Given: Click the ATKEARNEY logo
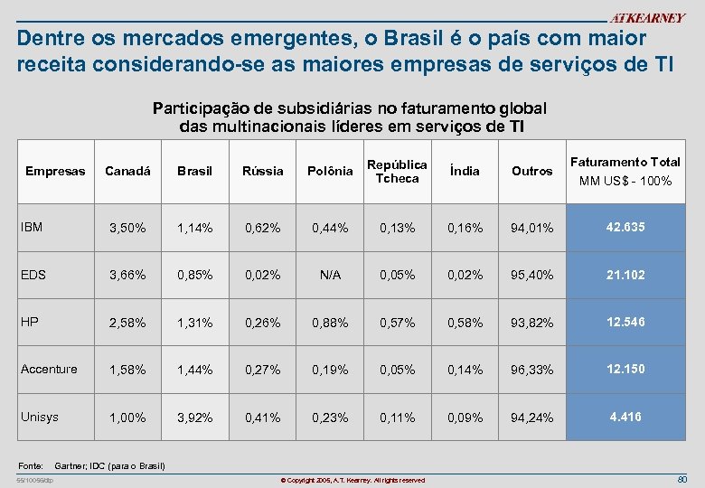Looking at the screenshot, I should coord(647,17).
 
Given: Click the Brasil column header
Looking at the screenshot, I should coord(194,171).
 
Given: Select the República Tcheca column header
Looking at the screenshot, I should coord(397,171).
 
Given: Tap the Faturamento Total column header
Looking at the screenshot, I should coord(625,171).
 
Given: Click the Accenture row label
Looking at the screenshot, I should coord(49,369).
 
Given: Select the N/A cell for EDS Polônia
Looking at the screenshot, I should coord(330,275).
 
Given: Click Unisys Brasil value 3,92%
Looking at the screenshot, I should coord(194,418).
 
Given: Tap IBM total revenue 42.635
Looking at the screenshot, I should coord(625,227).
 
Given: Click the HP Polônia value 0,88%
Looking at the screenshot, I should coord(330,323).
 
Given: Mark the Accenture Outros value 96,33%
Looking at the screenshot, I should coord(531,371).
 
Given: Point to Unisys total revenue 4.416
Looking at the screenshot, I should coord(625,418).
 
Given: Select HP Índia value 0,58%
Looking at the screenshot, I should coord(465,323).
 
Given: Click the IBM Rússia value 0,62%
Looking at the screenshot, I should coord(262,228).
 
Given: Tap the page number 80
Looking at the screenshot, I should coord(682,478).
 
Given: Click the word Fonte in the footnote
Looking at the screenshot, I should coord(32,465).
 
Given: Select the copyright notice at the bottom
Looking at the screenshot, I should coord(352,479).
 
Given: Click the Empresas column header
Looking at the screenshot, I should coord(55,171).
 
